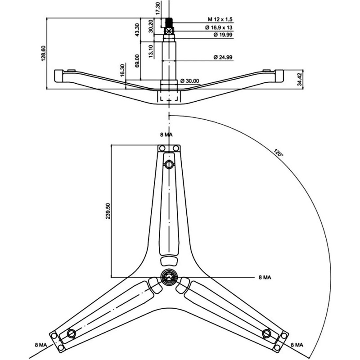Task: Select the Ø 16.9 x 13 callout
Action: pos(222,27)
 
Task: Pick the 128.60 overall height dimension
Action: pos(44,53)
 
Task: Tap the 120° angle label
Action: pos(278,153)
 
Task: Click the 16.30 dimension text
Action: pos(122,71)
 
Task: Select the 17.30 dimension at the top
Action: pos(157,8)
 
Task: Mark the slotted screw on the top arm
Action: pos(169,165)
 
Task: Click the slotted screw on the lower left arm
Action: pos(71,333)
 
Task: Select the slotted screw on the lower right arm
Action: pos(266,333)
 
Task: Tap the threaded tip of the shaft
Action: pos(170,22)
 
